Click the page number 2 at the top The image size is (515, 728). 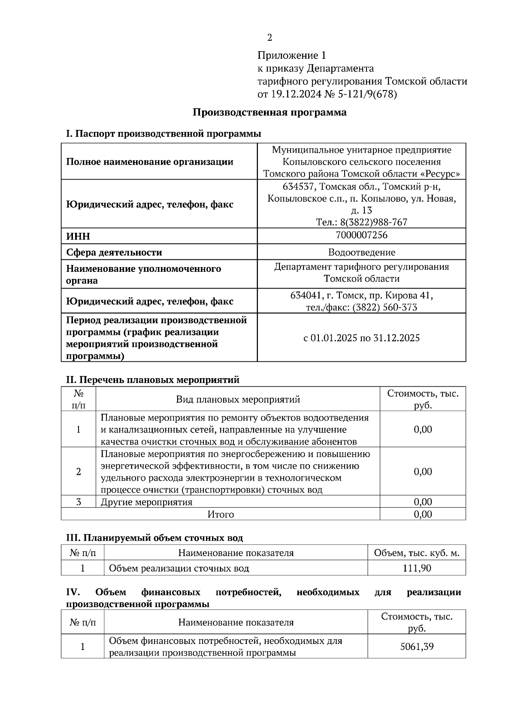pos(270,38)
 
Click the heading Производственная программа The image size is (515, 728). pos(270,113)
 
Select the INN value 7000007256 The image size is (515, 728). pos(362,235)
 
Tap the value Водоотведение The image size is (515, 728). pos(362,253)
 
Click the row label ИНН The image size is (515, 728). pos(78,236)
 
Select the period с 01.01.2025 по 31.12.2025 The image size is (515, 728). pos(361,338)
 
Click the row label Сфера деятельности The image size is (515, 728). pos(114,253)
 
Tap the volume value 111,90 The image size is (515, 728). pos(417,569)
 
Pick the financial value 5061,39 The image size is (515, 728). pos(417,647)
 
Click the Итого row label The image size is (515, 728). pos(221,514)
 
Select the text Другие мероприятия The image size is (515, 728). pos(146,502)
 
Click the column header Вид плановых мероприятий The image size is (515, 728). pos(238,400)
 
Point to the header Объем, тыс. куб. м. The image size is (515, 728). pos(417,553)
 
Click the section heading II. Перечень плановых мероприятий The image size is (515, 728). pos(152,380)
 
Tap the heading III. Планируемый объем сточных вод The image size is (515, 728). pos(154,538)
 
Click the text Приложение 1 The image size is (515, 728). pos(292,55)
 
